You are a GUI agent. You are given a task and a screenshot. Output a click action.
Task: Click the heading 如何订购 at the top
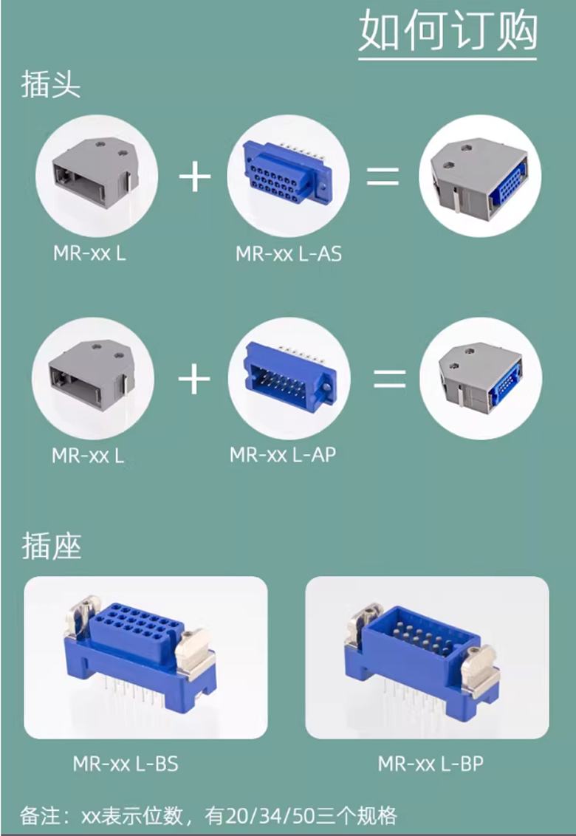448,30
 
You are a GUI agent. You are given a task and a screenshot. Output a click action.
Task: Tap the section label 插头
51,85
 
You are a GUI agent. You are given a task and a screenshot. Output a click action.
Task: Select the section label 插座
51,546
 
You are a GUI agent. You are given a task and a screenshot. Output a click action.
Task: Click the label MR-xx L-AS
289,254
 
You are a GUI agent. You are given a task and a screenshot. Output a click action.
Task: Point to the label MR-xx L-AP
283,455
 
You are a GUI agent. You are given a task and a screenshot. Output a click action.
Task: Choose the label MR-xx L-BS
126,764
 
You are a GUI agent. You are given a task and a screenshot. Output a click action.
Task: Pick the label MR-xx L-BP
431,764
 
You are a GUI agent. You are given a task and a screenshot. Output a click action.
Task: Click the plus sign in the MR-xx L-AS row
195,177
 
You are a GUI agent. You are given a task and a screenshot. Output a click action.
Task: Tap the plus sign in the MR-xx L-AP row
194,379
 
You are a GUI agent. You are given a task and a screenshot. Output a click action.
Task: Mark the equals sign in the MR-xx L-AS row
383,176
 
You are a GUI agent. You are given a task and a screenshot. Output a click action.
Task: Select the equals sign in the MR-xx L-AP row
390,379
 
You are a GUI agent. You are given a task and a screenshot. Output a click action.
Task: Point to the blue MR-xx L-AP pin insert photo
289,377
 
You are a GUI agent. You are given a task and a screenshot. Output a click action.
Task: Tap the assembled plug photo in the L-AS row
479,177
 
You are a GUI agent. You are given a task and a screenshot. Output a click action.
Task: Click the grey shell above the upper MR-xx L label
95,171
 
